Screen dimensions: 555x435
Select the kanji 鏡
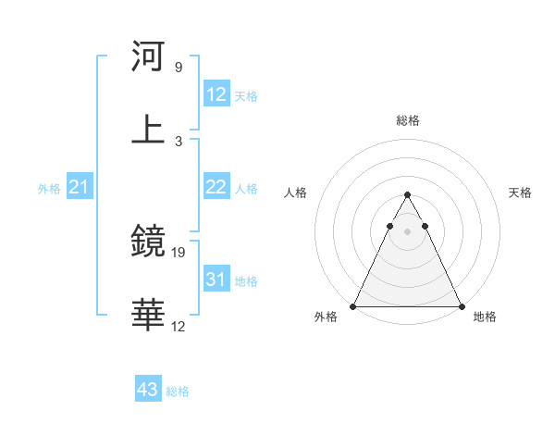[x=148, y=243]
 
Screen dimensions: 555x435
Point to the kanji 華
[x=148, y=316]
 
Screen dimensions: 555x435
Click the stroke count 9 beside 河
[x=178, y=68]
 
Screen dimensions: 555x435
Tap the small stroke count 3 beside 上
[x=178, y=141]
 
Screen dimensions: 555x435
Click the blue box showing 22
[x=216, y=187]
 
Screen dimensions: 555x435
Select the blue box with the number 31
[x=216, y=279]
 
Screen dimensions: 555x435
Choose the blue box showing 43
[x=148, y=390]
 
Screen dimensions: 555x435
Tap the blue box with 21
[x=80, y=187]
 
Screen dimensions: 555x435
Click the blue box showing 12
[x=216, y=93]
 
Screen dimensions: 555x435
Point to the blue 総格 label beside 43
[x=178, y=391]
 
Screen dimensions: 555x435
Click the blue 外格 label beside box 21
[x=49, y=189]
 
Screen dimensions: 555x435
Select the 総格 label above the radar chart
[x=408, y=120]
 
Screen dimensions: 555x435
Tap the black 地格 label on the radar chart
[x=485, y=317]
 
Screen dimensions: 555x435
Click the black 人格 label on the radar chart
[x=296, y=193]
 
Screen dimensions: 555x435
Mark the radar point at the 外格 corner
[x=353, y=306]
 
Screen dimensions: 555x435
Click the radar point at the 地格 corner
[x=462, y=306]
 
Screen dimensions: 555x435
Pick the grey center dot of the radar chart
[x=407, y=231]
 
